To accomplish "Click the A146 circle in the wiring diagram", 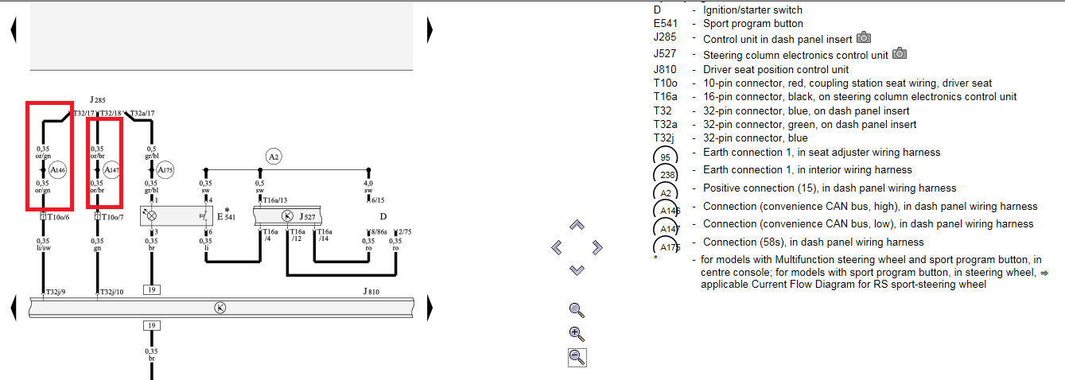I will tap(57, 169).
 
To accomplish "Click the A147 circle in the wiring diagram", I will tap(111, 169).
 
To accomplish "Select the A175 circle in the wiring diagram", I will tap(165, 169).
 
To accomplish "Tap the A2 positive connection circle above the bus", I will tap(274, 157).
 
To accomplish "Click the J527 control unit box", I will tap(288, 215).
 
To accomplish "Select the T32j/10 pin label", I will tap(111, 293).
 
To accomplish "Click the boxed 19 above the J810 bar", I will tap(151, 290).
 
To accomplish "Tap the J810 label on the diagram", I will tap(371, 292).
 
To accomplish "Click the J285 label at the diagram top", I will tap(97, 100).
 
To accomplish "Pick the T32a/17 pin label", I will tap(142, 114).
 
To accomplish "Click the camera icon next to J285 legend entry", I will tap(865, 38).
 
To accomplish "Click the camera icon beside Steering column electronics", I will tap(900, 54).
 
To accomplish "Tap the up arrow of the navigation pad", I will tap(577, 226).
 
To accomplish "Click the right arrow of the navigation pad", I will tap(598, 248).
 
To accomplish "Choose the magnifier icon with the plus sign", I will tap(577, 334).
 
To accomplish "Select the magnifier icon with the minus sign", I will tap(577, 357).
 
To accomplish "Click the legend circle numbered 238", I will tap(666, 173).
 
